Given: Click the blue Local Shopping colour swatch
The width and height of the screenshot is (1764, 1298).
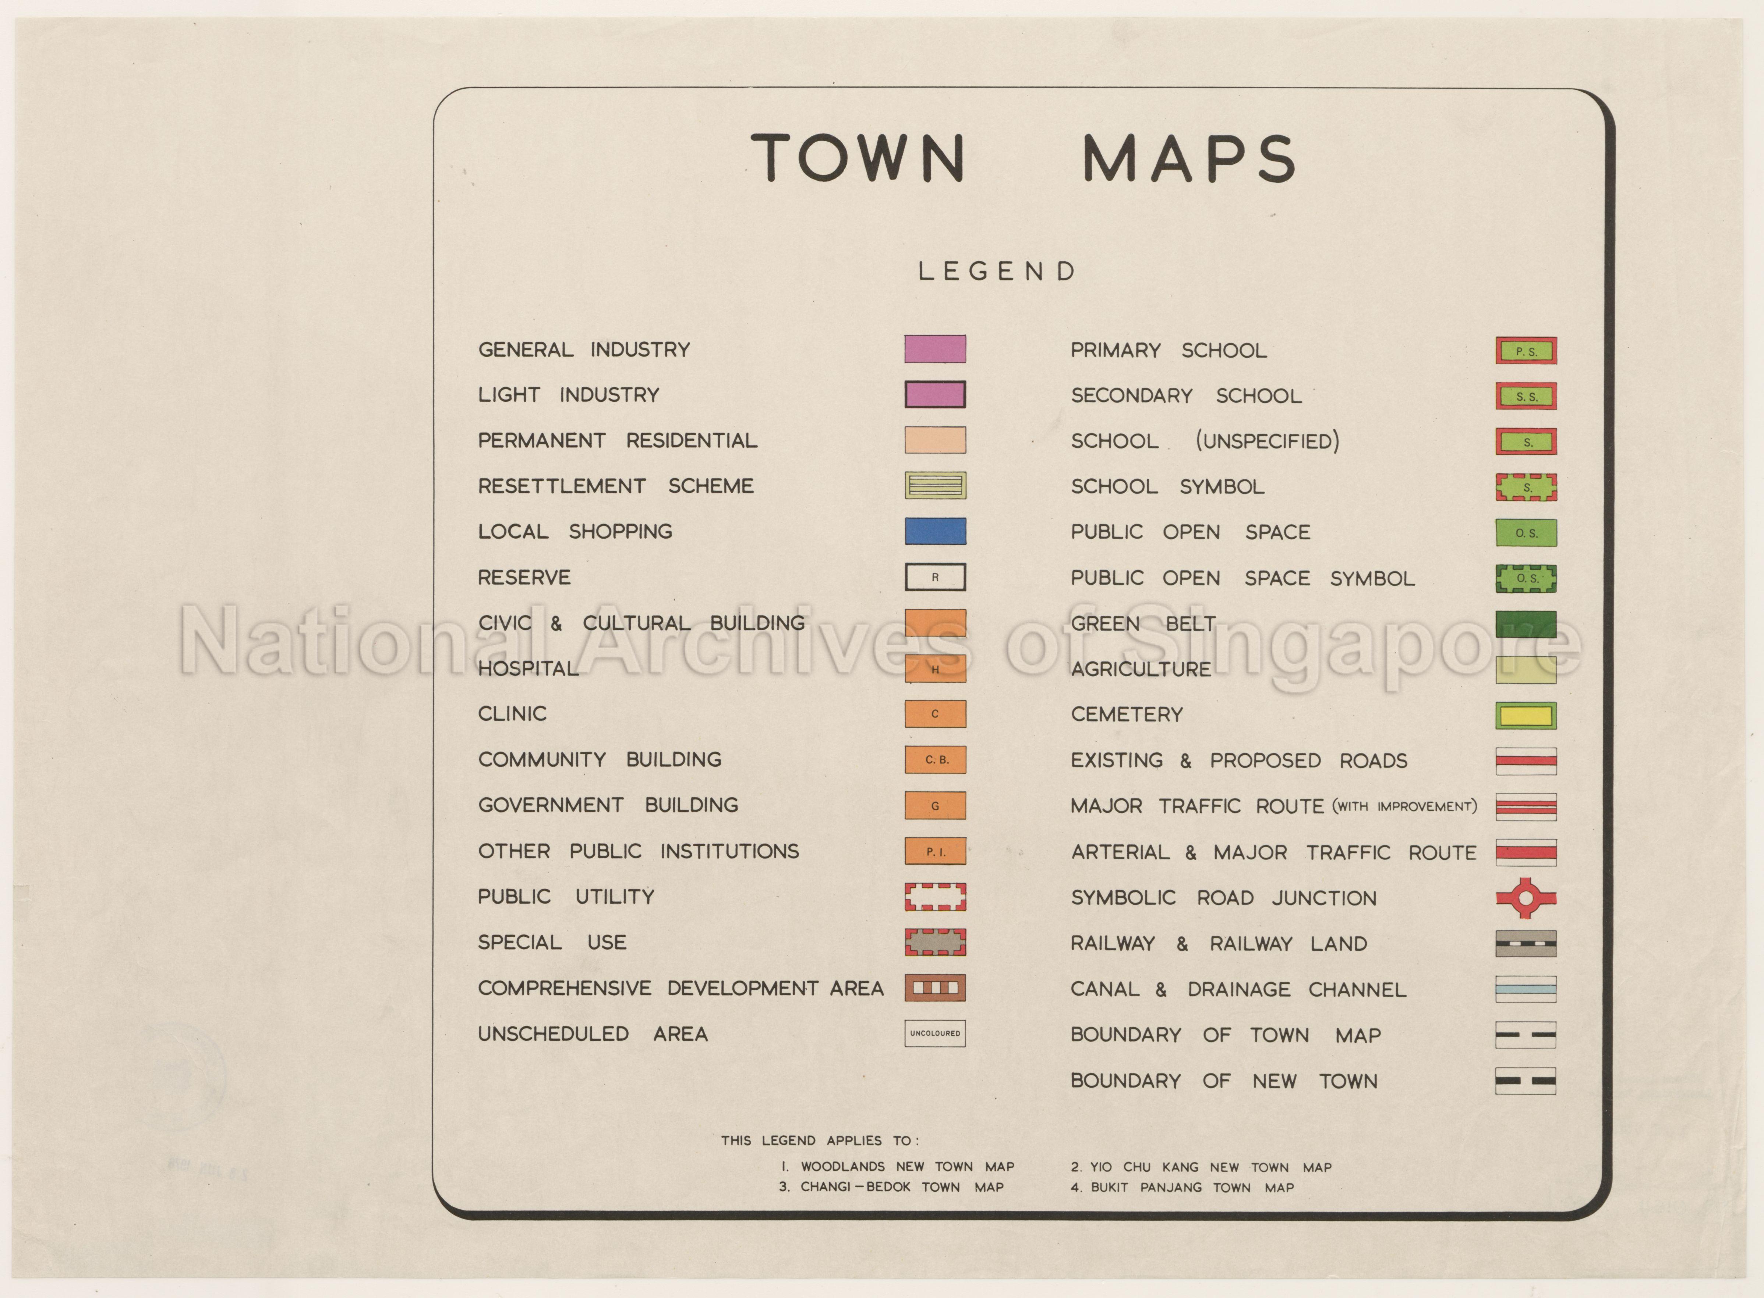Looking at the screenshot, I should click(935, 531).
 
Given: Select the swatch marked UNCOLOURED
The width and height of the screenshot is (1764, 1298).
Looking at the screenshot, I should click(935, 1033).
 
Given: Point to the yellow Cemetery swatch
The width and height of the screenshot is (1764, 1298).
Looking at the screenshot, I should click(1526, 715).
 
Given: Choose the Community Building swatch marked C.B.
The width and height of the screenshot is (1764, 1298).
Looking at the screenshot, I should click(935, 760).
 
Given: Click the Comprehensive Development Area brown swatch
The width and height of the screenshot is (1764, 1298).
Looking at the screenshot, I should click(935, 987).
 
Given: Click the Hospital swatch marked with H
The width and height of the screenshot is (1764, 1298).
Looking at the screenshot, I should click(935, 668).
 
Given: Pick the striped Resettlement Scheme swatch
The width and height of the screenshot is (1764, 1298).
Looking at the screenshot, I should click(935, 486).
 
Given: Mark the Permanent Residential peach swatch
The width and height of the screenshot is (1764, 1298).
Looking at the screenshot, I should click(935, 440).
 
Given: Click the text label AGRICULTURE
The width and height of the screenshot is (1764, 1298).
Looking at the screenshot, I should click(1141, 670).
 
